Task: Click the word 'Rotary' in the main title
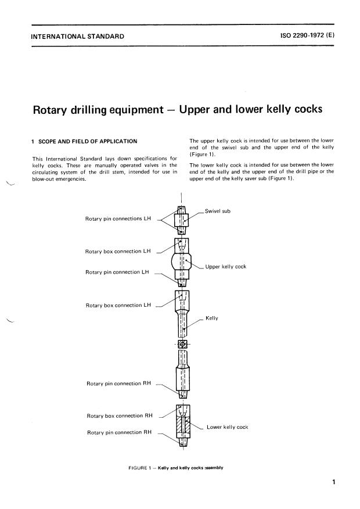(x=56, y=110)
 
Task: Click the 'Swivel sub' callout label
(x=218, y=211)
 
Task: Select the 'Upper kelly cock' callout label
(x=225, y=267)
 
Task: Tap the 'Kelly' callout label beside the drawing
(x=211, y=318)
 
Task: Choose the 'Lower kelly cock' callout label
(x=227, y=427)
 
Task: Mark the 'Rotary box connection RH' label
(x=120, y=416)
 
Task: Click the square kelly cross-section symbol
(x=182, y=344)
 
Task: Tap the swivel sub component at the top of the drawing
(x=182, y=220)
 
